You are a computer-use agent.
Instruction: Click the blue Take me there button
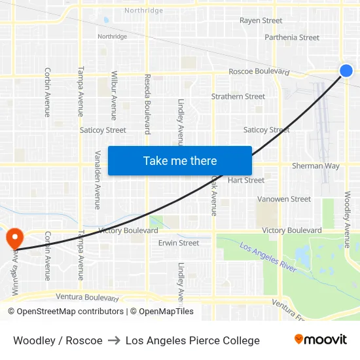(179, 161)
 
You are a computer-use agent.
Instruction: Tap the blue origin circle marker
(346, 71)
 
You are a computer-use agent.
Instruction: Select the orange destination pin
(13, 237)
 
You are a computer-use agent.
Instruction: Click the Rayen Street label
(261, 21)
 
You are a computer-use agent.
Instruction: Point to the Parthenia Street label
(292, 37)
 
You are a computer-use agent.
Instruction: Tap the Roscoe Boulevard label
(259, 71)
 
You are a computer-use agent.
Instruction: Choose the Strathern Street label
(238, 96)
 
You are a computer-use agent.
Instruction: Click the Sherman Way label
(315, 166)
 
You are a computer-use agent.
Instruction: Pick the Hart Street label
(246, 180)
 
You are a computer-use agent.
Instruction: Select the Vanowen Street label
(283, 199)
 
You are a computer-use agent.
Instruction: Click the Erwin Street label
(179, 243)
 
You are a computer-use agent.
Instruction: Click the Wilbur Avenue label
(114, 96)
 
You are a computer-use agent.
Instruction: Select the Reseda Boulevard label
(147, 103)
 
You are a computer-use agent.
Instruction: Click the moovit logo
(321, 340)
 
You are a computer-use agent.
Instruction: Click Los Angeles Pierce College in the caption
(192, 340)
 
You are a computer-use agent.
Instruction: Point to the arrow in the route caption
(114, 340)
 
